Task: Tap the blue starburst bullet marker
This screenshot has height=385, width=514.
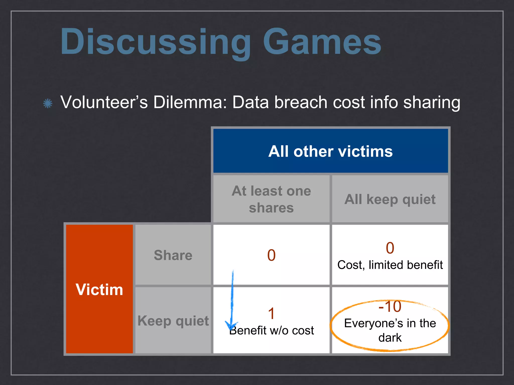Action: [48, 103]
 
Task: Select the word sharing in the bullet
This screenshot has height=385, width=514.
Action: [432, 103]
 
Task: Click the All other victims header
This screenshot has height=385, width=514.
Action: [330, 151]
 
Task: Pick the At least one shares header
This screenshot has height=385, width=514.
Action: [271, 199]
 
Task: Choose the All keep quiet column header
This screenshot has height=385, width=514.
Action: [390, 200]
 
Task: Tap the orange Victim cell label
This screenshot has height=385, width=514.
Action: [99, 290]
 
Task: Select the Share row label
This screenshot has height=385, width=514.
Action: [173, 255]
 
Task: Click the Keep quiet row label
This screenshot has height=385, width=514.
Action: [173, 321]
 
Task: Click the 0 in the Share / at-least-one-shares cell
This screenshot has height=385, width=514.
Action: [271, 255]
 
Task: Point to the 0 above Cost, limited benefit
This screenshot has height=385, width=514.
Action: [390, 248]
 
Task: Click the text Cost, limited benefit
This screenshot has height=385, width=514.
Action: [390, 265]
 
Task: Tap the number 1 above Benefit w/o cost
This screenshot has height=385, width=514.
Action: [271, 314]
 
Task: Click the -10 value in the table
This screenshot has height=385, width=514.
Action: [390, 306]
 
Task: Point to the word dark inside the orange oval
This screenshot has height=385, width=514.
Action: [390, 338]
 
